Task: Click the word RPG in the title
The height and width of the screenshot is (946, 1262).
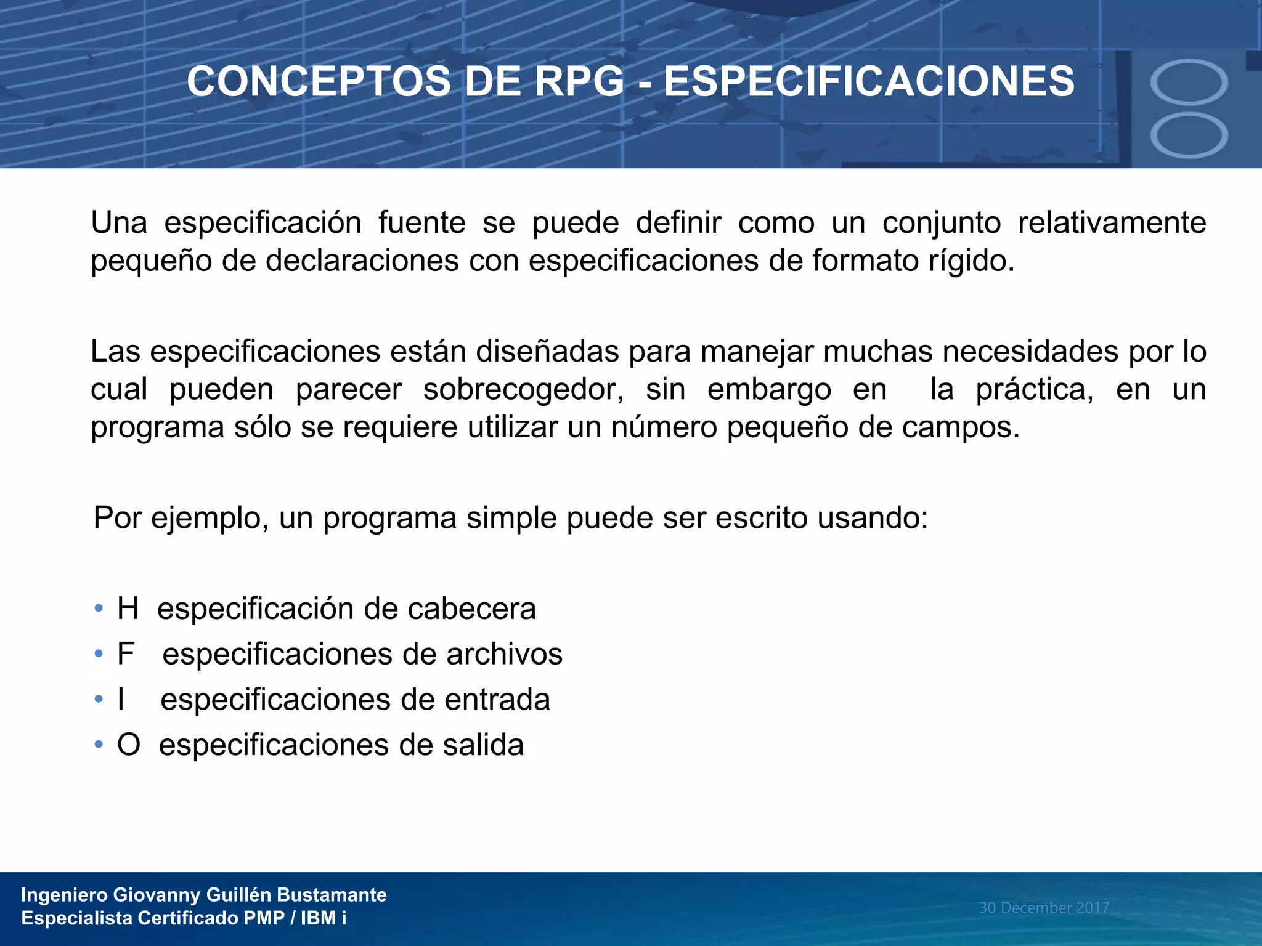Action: [x=579, y=81]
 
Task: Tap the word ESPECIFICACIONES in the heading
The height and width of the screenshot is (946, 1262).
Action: [x=869, y=81]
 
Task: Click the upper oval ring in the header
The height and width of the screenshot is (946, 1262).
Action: [x=1189, y=83]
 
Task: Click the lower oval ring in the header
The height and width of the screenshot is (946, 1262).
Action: [x=1189, y=135]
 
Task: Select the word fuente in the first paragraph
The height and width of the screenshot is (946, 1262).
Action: [x=421, y=222]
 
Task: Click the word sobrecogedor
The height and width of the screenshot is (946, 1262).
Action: [x=523, y=390]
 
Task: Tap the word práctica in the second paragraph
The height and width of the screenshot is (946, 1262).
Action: [x=1034, y=390]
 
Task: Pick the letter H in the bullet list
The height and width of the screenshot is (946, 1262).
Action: [x=128, y=609]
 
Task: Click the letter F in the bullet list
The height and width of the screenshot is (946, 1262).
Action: [x=126, y=654]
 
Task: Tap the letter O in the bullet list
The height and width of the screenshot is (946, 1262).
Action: [x=129, y=745]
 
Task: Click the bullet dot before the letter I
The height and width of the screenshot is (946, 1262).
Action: [x=99, y=700]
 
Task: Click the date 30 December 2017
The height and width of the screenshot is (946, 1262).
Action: [x=1044, y=908]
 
